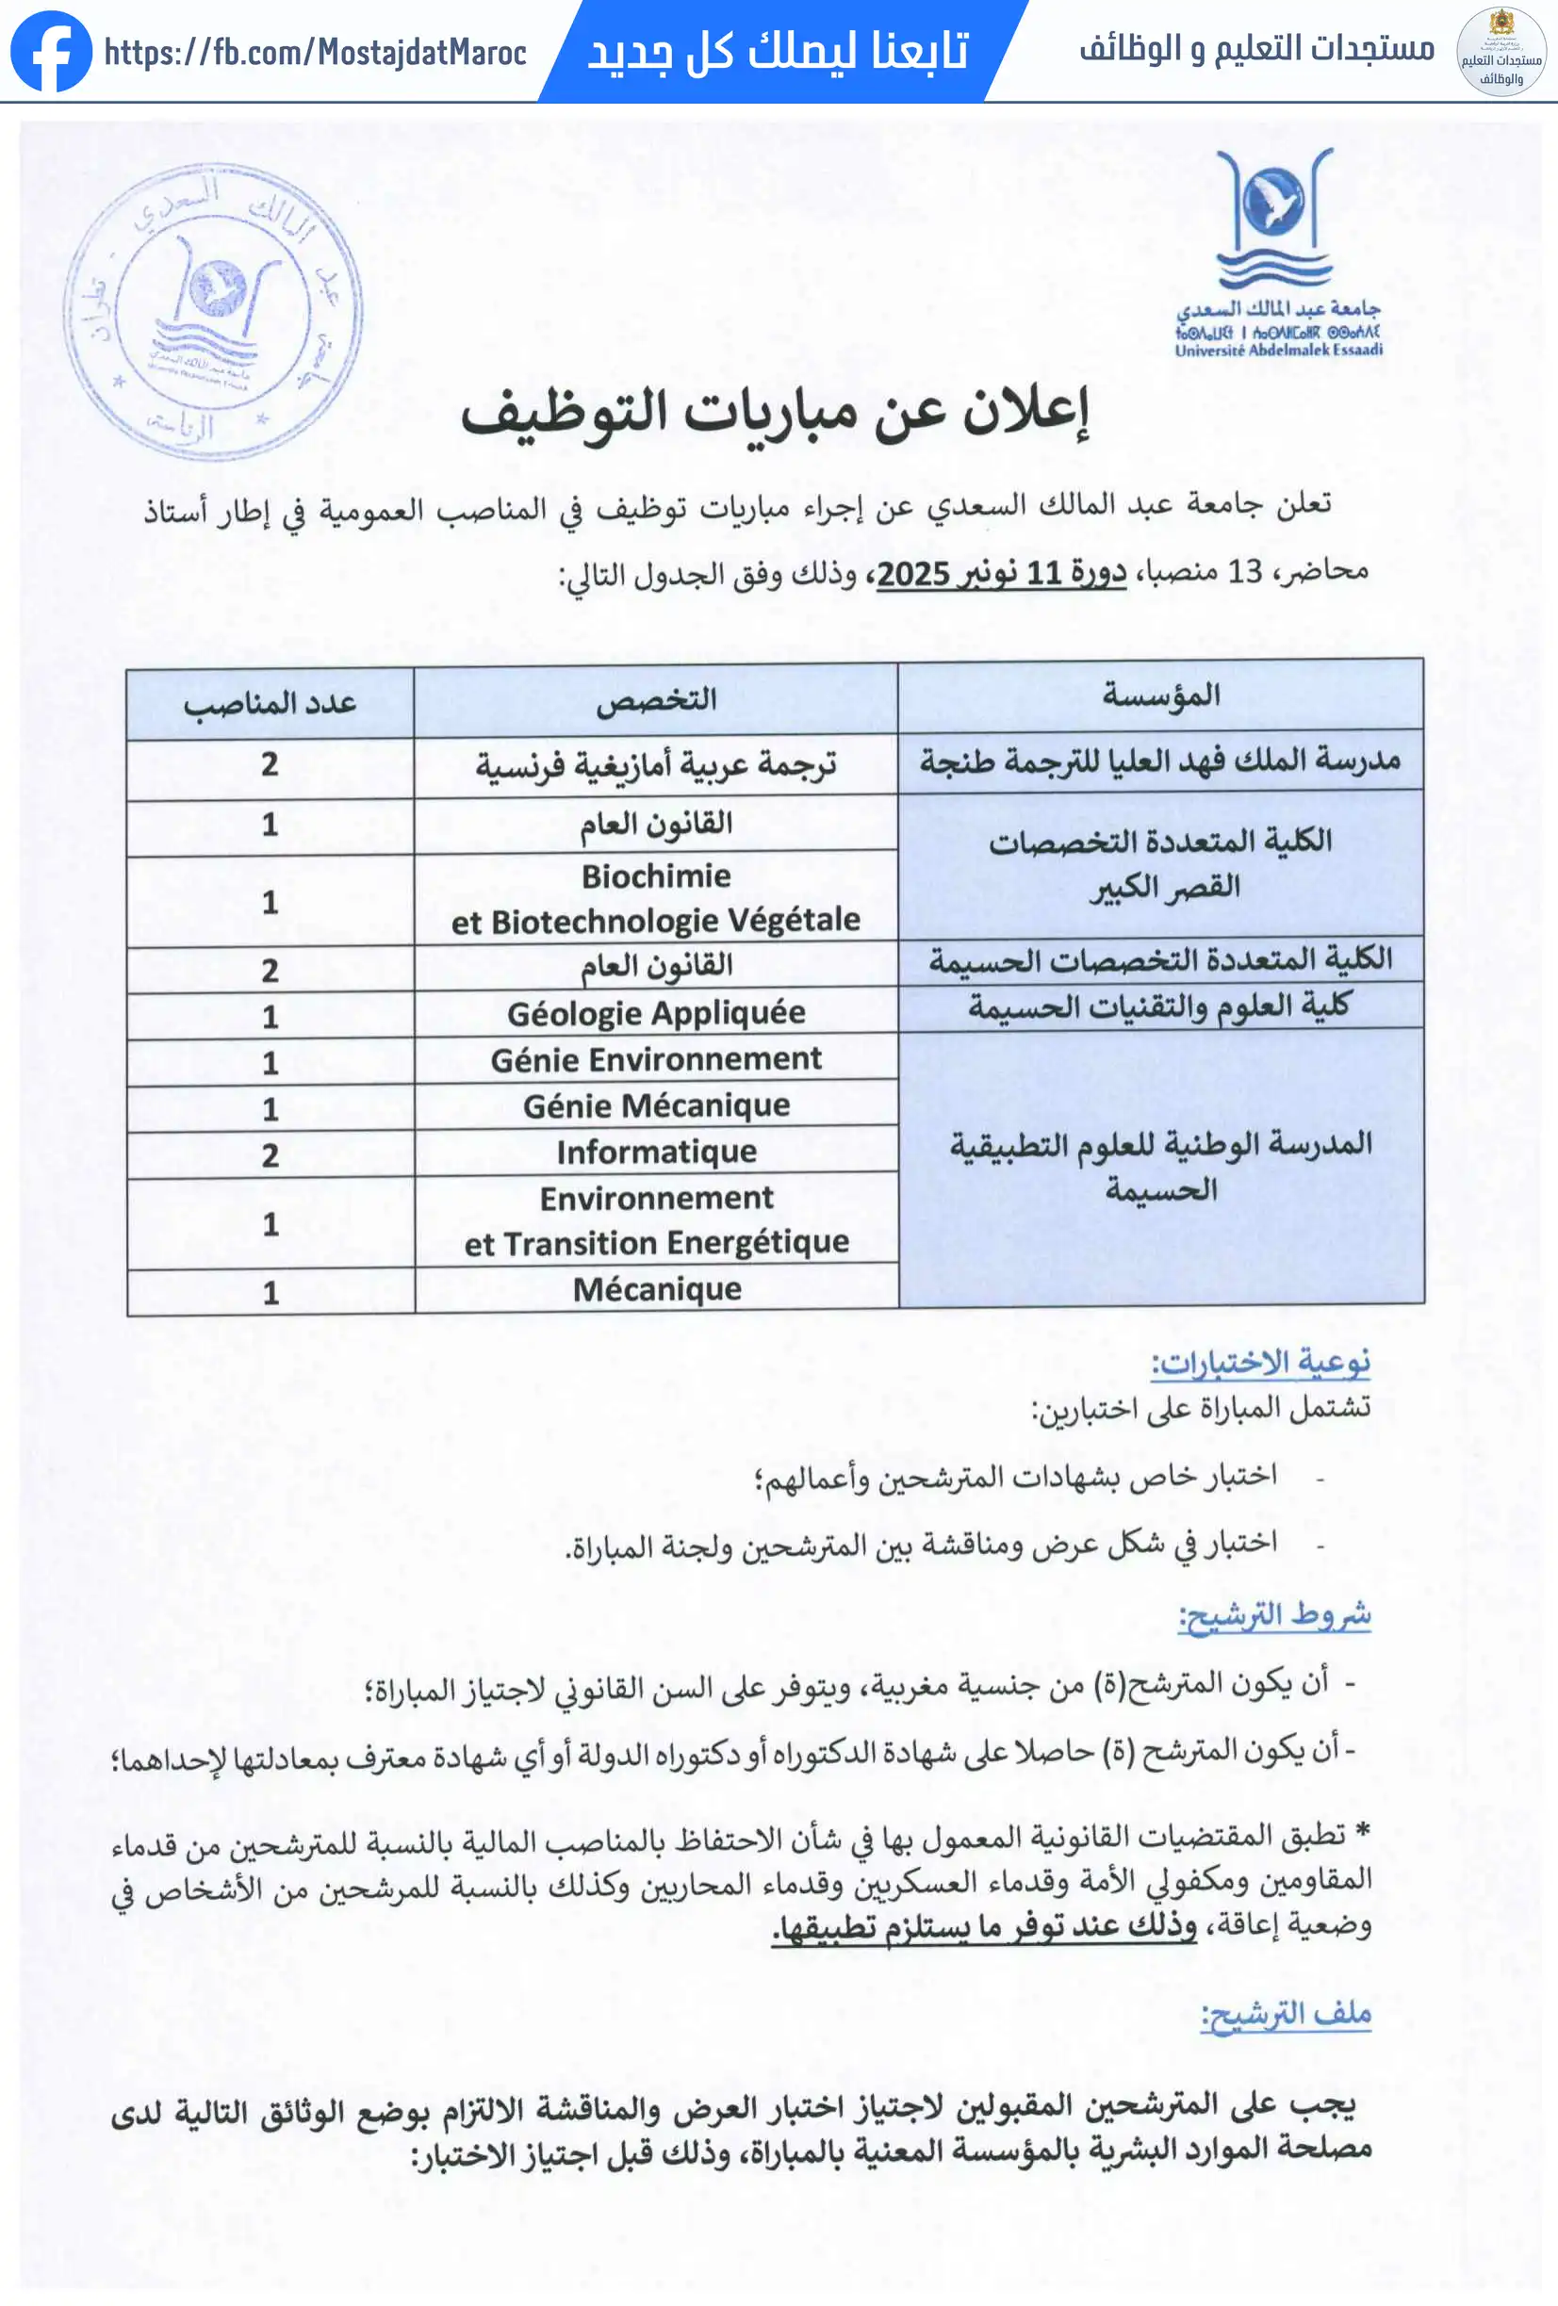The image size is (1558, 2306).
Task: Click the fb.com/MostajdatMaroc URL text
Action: (315, 52)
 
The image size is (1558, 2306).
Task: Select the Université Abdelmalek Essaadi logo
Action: (1278, 252)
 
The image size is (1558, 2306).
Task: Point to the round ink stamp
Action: (212, 313)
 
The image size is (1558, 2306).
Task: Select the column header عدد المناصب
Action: (270, 704)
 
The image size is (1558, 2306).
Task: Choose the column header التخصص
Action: (656, 699)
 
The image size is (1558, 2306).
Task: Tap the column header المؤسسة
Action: (1160, 695)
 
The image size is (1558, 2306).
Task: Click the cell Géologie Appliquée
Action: (656, 1013)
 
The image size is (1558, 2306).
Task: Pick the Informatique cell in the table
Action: (656, 1152)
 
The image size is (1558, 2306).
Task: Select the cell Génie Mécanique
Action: (656, 1105)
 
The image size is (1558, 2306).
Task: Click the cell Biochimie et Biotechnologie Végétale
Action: (656, 899)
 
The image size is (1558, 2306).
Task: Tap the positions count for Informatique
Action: (270, 1155)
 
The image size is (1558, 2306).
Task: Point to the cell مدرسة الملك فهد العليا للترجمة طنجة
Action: (1160, 761)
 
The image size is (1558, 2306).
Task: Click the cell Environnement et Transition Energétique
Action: (656, 1220)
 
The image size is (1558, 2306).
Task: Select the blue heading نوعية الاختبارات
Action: (1260, 1363)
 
